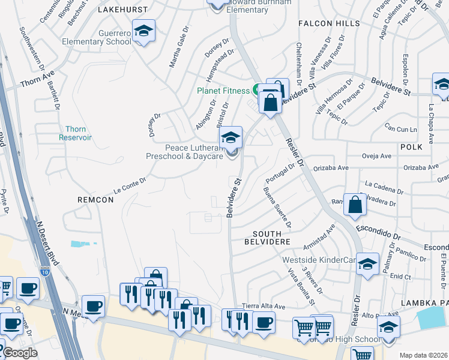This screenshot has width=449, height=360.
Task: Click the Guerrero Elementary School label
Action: coord(97,37)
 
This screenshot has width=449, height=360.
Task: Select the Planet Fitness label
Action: coord(224,91)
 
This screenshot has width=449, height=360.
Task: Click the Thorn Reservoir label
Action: coord(75,133)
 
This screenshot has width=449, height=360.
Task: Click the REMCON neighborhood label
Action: coord(95,199)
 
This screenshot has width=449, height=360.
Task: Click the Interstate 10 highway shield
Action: coord(45,271)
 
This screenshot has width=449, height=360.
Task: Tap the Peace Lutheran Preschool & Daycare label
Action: coord(183,152)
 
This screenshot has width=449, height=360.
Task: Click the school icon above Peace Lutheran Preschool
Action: coord(230,138)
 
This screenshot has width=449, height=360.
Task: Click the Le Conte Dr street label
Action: coord(130,184)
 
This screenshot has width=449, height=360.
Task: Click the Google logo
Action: coord(20,353)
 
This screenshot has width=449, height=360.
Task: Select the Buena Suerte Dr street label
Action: coord(277,208)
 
